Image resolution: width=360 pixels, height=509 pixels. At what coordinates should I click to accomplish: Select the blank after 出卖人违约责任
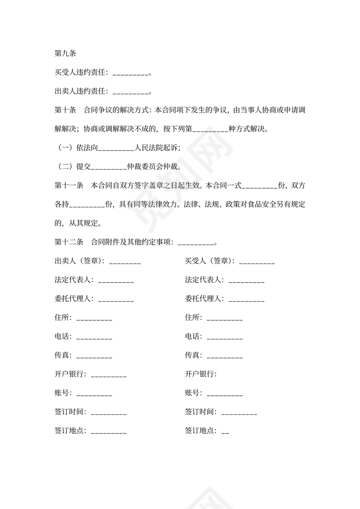[x=130, y=92]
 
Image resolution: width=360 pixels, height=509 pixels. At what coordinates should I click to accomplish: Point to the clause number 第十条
[x=65, y=110]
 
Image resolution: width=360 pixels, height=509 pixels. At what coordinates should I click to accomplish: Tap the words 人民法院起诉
[x=157, y=148]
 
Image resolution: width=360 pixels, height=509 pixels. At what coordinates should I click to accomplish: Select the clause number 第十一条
[x=69, y=186]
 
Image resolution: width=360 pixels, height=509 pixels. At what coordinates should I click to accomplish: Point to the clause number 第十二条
[x=69, y=242]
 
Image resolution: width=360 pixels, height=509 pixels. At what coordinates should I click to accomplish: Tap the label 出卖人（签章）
[x=79, y=261]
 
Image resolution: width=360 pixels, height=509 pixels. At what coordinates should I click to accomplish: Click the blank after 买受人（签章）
[x=257, y=263]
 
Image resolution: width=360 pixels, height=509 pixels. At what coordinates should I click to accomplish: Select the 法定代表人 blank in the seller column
[x=116, y=281]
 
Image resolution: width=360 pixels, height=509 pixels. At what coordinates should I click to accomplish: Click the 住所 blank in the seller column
[x=94, y=319]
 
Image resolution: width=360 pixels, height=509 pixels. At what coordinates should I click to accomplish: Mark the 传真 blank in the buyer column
[x=225, y=357]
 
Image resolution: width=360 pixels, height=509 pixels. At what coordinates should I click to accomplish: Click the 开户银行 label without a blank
[x=201, y=374]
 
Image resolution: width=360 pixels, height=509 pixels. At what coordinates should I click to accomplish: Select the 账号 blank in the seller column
[x=94, y=394]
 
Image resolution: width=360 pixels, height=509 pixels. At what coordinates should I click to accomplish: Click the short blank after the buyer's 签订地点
[x=225, y=432]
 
